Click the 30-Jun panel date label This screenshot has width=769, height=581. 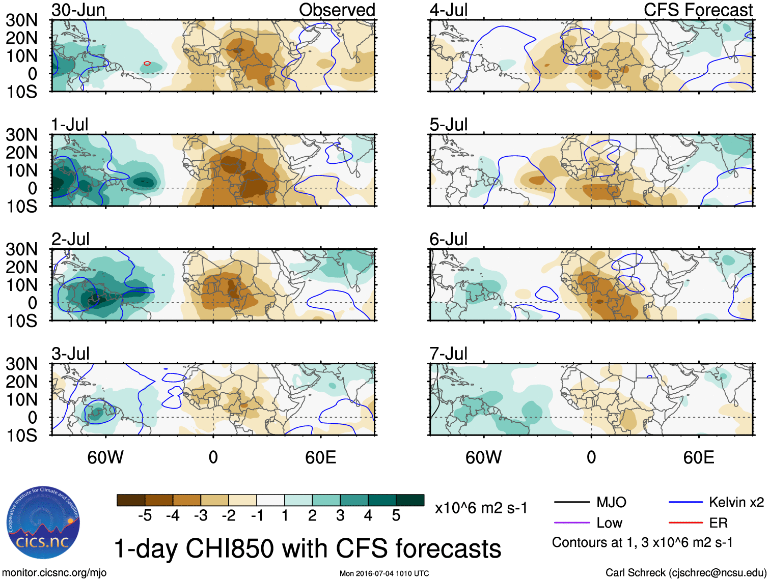(78, 10)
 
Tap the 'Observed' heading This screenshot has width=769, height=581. (337, 10)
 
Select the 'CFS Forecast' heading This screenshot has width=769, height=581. (698, 10)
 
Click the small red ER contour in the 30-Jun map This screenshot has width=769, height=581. (147, 63)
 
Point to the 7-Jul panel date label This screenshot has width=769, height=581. (449, 354)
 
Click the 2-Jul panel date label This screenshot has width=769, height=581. (71, 239)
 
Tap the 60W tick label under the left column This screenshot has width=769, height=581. (105, 457)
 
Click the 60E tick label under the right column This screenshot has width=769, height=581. (699, 457)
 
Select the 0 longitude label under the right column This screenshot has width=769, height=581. (591, 457)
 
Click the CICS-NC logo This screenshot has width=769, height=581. (43, 523)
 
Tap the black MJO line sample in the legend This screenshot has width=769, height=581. (572, 503)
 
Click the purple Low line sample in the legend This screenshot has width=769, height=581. (572, 522)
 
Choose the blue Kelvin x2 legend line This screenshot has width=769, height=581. (685, 503)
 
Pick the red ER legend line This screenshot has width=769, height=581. (685, 522)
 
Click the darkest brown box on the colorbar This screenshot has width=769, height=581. (131, 500)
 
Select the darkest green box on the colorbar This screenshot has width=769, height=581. (410, 500)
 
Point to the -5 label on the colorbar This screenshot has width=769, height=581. (145, 516)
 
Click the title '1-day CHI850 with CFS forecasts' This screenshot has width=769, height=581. (307, 549)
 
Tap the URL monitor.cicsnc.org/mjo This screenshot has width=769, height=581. (54, 573)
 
